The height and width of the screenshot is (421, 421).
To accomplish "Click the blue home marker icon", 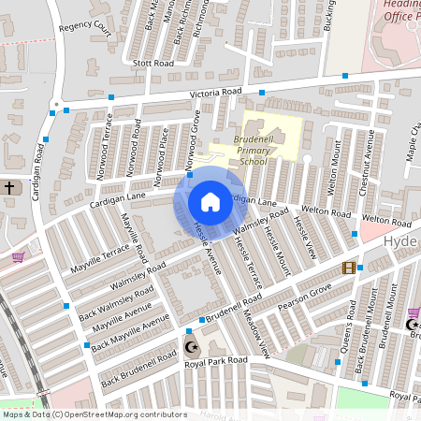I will (x=210, y=202).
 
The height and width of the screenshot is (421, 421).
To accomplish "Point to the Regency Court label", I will (x=84, y=29).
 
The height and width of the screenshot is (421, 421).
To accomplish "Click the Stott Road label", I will (x=153, y=64).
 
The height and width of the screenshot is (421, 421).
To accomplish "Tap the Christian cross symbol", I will (x=10, y=188).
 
